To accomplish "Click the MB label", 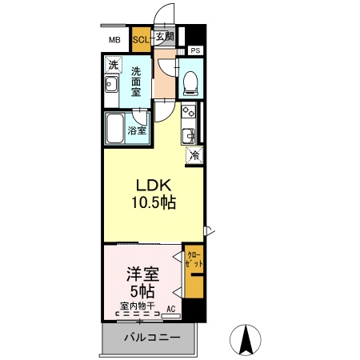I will click(114, 38).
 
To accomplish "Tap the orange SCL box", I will click(140, 38).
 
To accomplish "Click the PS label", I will click(195, 51).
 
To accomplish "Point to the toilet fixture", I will click(190, 80).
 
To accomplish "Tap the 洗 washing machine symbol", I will click(114, 65).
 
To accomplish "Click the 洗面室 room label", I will click(136, 81).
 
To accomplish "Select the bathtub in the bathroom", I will click(114, 128).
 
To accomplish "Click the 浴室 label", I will click(138, 130).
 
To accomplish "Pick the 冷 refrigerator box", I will click(194, 155).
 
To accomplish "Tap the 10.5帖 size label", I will click(154, 202).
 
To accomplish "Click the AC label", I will click(171, 307).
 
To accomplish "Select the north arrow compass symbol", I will click(246, 341).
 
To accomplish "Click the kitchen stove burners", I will click(189, 111).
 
